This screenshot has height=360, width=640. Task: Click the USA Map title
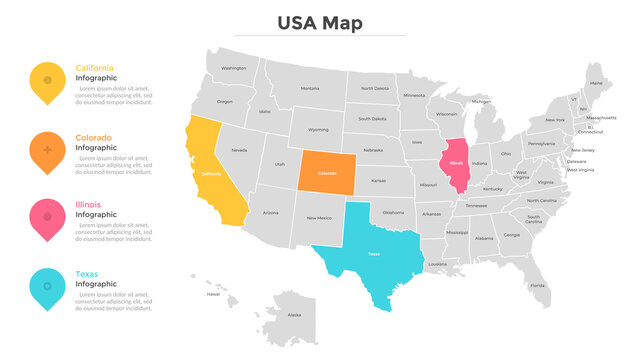(320, 23)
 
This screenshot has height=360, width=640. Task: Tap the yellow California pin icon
(47, 81)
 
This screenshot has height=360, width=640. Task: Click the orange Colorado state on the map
(327, 173)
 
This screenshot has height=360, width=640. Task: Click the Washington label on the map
(234, 68)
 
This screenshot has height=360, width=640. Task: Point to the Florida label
(538, 286)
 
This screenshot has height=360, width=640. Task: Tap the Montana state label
(310, 88)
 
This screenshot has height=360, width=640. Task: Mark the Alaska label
(295, 315)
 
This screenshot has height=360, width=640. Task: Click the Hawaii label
(213, 294)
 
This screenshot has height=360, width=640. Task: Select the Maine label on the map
(596, 82)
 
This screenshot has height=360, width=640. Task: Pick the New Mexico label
(319, 217)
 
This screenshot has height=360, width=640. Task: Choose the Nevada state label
(239, 150)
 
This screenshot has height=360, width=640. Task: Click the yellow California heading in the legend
(95, 68)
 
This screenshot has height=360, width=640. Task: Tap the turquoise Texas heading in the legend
(87, 273)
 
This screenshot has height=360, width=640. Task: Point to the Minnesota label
(414, 96)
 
